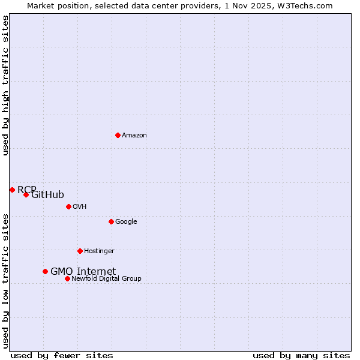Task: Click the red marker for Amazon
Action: (118, 135)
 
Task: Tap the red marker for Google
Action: (111, 221)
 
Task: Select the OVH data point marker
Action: (68, 206)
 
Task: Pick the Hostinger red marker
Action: (80, 251)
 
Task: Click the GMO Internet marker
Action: (45, 271)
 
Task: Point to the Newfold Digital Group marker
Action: (67, 278)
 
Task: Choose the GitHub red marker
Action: (26, 194)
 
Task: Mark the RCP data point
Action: (12, 190)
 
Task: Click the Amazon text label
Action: (134, 135)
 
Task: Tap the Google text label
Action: (126, 221)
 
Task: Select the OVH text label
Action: (80, 206)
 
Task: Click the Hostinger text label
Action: (99, 251)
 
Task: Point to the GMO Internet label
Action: (83, 271)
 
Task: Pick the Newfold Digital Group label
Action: (106, 278)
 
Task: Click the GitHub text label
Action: (48, 194)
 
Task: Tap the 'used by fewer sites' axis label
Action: (62, 355)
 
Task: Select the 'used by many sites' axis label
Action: (301, 355)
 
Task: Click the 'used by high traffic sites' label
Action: (5, 85)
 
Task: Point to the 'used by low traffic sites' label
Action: (5, 281)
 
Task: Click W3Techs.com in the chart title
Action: (308, 5)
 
